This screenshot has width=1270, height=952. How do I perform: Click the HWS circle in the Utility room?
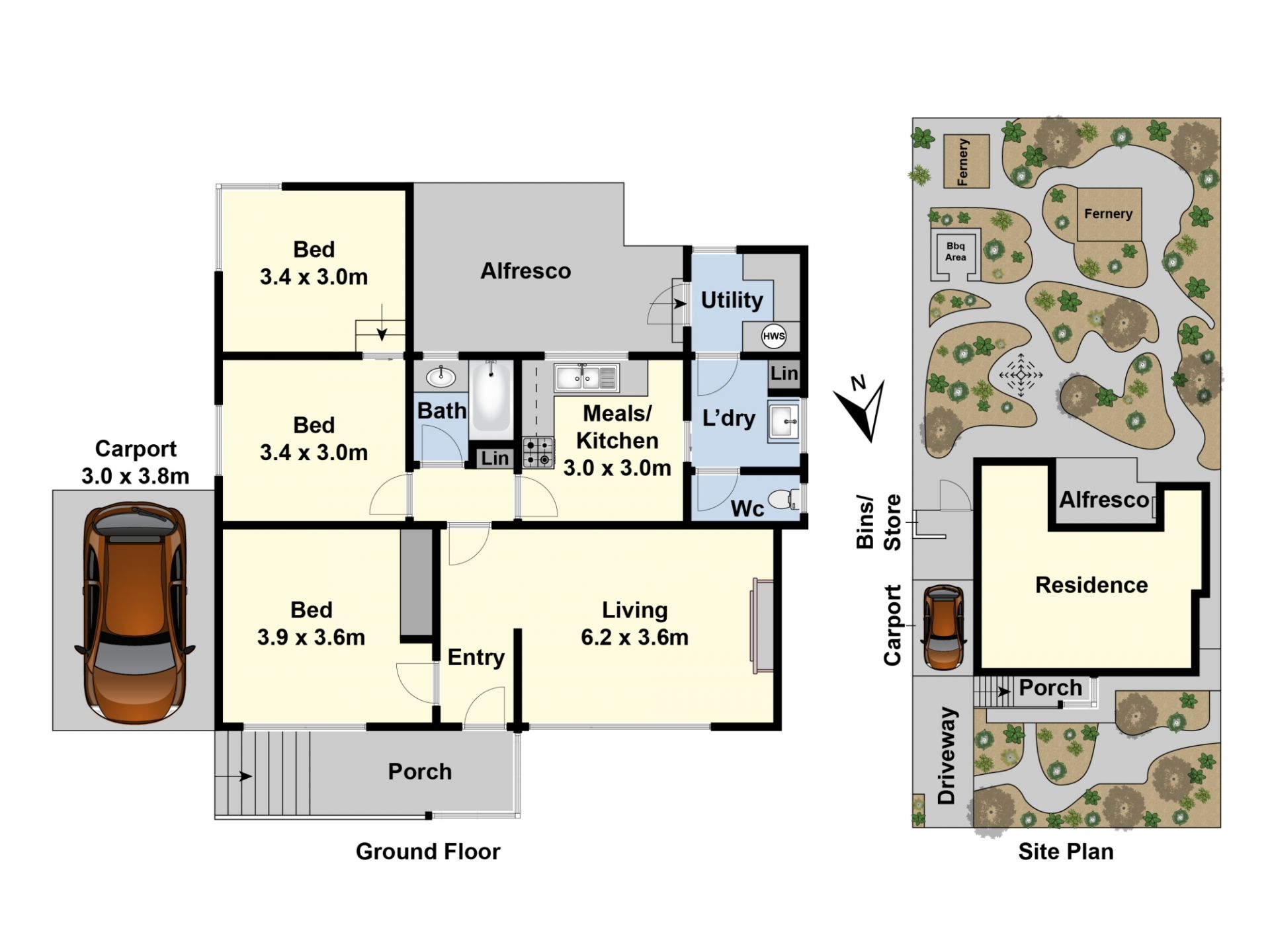(x=773, y=336)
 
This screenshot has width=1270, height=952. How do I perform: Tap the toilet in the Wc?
(x=784, y=498)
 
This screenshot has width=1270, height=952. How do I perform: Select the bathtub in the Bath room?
(x=490, y=396)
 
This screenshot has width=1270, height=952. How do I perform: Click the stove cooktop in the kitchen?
(x=538, y=453)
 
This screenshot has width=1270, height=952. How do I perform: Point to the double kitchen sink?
(x=586, y=377)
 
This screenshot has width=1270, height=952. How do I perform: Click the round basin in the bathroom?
(x=441, y=377)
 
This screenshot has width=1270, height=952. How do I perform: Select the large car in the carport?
(x=135, y=612)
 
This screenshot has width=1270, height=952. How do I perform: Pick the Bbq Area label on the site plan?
(x=955, y=252)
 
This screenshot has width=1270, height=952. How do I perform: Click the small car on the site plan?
(x=943, y=627)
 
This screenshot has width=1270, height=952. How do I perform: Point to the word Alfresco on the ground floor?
(x=525, y=271)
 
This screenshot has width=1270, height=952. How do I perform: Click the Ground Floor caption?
(x=428, y=852)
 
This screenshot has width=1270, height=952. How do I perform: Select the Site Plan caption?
(x=1066, y=852)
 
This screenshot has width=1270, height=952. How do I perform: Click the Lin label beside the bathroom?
(x=495, y=458)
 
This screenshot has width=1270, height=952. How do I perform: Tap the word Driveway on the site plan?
(x=947, y=756)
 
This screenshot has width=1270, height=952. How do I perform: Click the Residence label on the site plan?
(x=1091, y=585)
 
